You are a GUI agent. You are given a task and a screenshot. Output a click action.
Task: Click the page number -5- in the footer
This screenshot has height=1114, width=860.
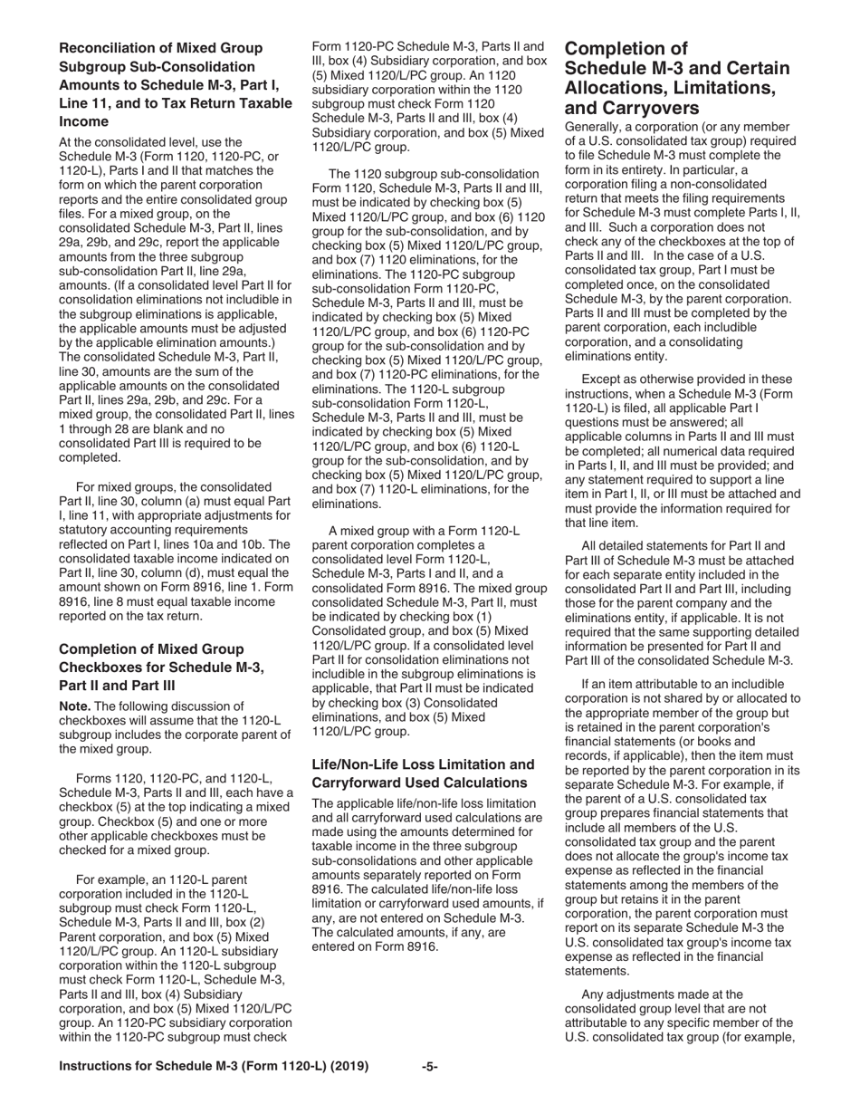(430, 1067)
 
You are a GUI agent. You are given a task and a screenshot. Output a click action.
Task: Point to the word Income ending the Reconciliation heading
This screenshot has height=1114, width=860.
(83, 121)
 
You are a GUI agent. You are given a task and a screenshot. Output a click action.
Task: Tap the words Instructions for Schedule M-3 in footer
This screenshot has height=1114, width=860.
(163, 1067)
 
